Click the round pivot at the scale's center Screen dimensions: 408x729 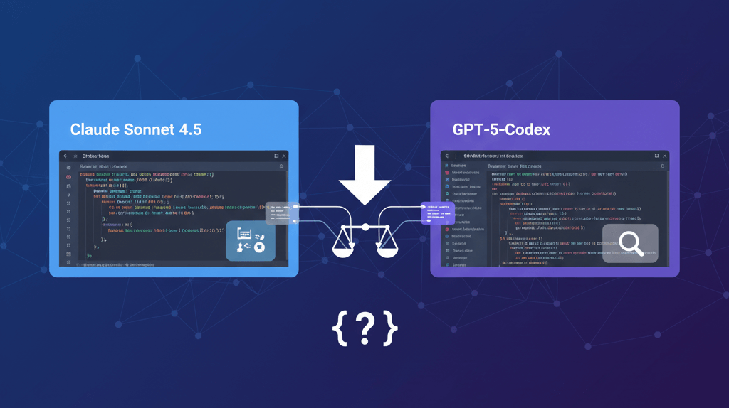365,227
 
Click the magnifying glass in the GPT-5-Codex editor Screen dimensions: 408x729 630,243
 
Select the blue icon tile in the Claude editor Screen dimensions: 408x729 251,240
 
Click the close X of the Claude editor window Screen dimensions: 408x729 284,156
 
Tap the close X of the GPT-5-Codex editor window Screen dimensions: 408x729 665,156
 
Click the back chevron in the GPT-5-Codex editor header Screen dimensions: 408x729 446,156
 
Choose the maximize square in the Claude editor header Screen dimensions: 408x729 276,156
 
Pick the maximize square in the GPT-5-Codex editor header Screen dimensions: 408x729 656,156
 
